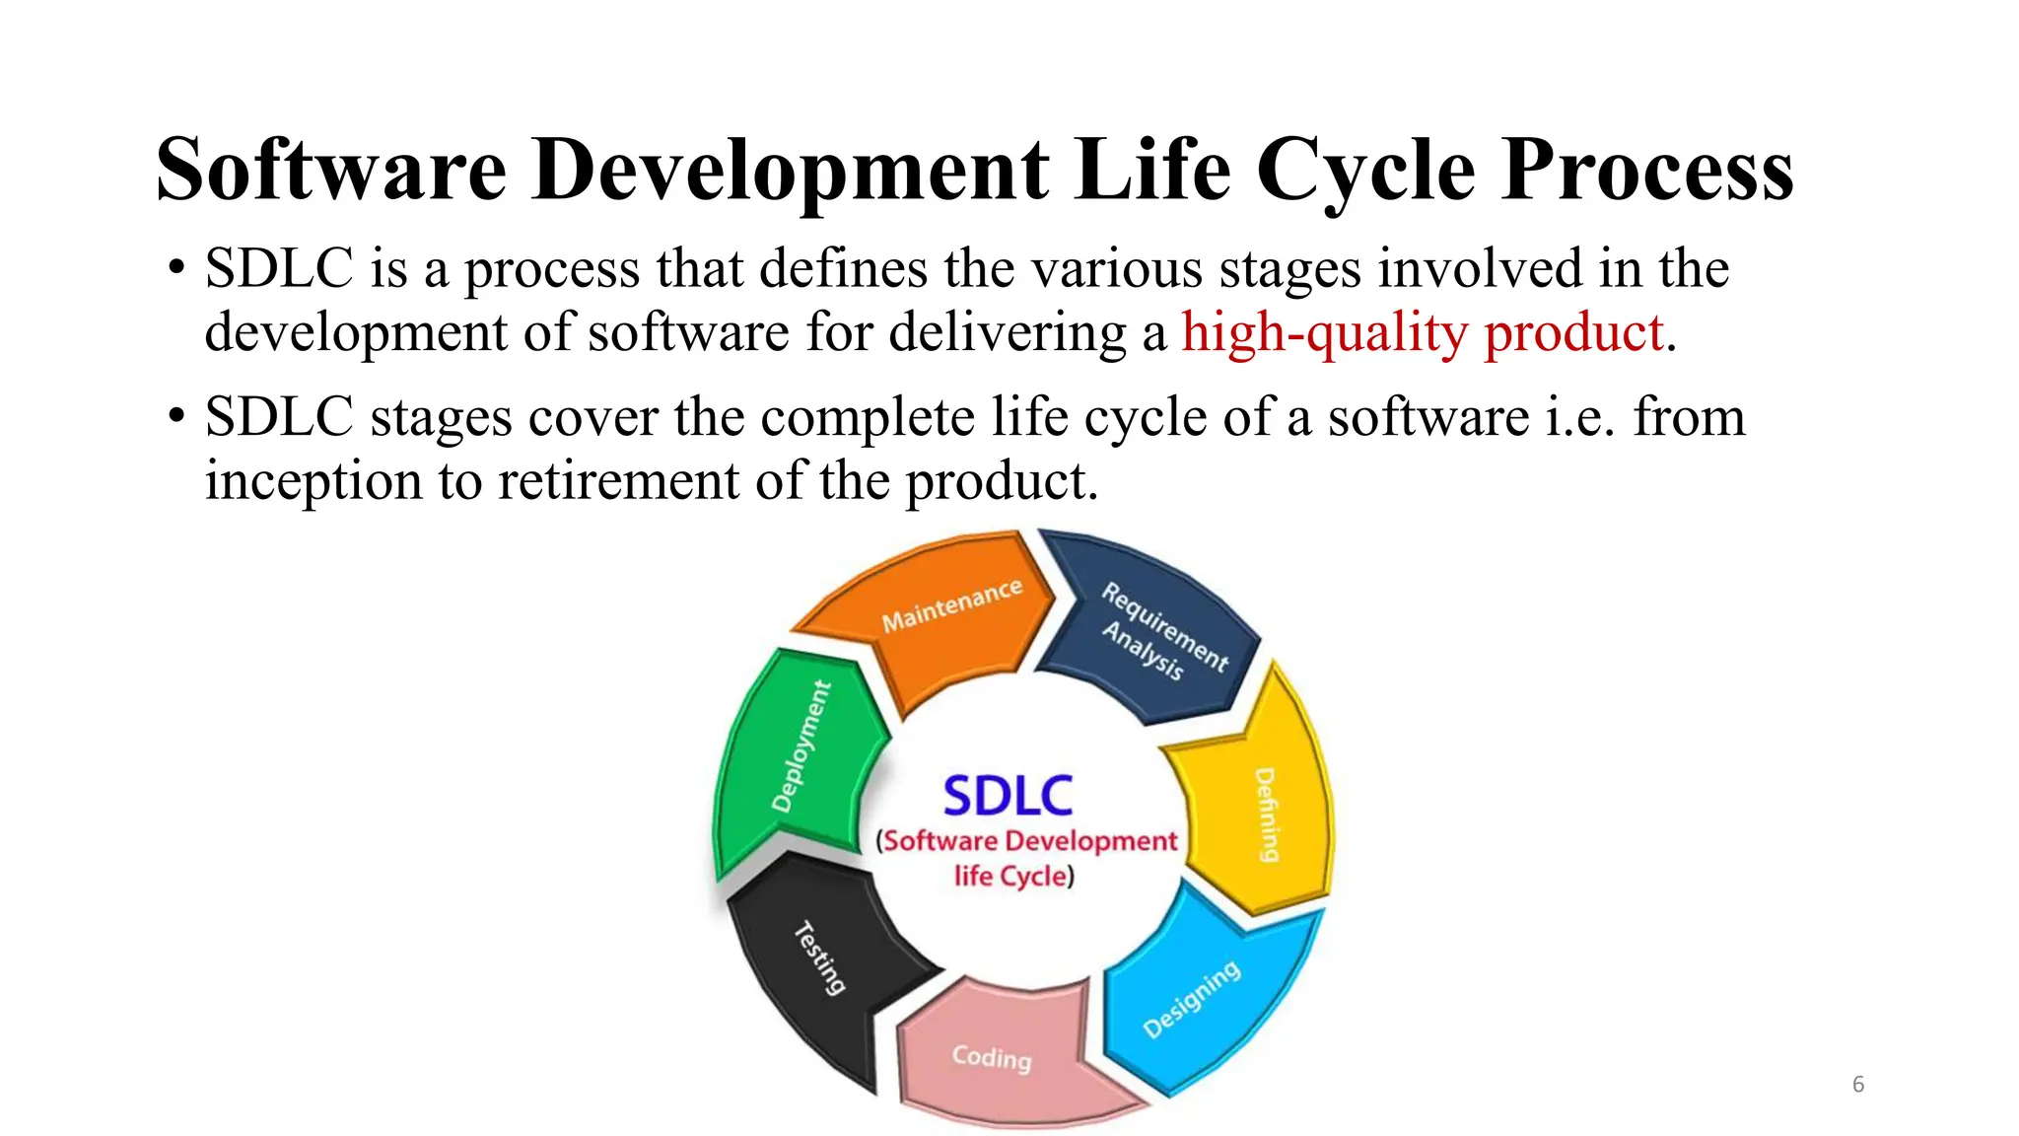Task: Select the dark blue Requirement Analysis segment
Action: click(1153, 631)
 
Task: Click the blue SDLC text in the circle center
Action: click(1008, 796)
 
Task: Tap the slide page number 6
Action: click(1858, 1084)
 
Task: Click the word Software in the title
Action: click(331, 171)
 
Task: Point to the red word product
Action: click(1573, 332)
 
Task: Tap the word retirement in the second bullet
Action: click(617, 481)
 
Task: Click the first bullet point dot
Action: click(176, 269)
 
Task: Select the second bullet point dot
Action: click(176, 417)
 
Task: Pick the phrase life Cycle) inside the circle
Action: click(1013, 876)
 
